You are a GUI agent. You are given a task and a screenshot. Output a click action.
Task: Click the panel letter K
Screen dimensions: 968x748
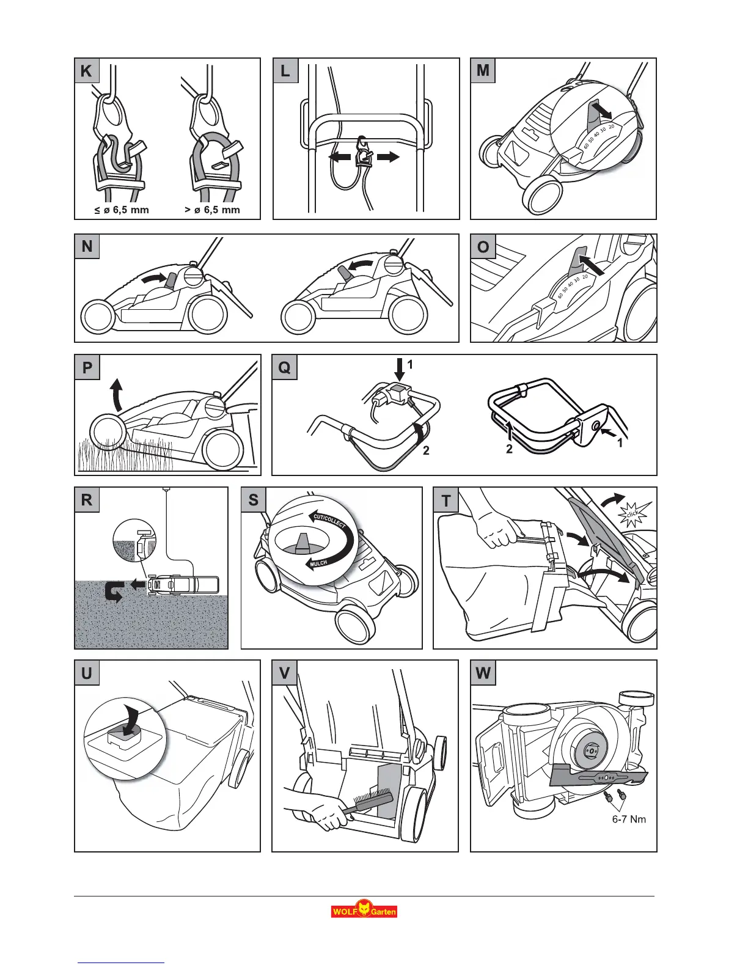click(86, 71)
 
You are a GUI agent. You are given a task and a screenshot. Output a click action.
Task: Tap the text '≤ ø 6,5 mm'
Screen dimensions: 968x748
click(122, 210)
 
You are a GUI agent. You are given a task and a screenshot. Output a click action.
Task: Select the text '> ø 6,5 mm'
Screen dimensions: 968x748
click(212, 210)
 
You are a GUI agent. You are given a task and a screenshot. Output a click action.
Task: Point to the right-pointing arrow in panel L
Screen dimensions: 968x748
click(387, 157)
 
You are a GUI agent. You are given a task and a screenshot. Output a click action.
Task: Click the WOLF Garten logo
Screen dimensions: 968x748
click(364, 911)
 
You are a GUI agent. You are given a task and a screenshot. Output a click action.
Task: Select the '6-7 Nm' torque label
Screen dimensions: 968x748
click(629, 819)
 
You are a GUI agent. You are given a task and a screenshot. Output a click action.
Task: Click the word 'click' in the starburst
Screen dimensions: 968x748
click(632, 515)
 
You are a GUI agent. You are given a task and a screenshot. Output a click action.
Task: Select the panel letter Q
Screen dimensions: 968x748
click(284, 368)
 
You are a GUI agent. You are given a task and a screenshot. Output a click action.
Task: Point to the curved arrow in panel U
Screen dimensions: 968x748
click(130, 721)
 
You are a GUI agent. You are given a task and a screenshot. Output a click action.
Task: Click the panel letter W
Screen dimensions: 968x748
click(483, 673)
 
